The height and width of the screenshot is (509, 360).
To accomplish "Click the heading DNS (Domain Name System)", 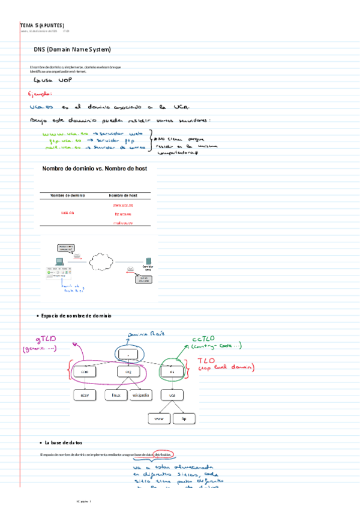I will [72, 49].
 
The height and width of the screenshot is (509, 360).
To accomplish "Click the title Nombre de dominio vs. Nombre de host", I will [94, 169].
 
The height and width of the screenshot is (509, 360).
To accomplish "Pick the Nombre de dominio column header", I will [67, 196].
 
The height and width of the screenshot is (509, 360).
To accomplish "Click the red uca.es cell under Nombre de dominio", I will [67, 213].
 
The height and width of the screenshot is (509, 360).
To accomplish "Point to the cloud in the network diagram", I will [100, 262].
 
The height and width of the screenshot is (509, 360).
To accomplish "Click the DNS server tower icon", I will [146, 262].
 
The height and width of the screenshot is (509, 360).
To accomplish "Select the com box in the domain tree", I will [84, 372].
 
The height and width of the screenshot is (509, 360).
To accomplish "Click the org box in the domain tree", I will [128, 372].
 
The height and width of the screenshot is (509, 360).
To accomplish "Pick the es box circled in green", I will [172, 372].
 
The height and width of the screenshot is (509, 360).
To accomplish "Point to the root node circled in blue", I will [128, 354].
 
